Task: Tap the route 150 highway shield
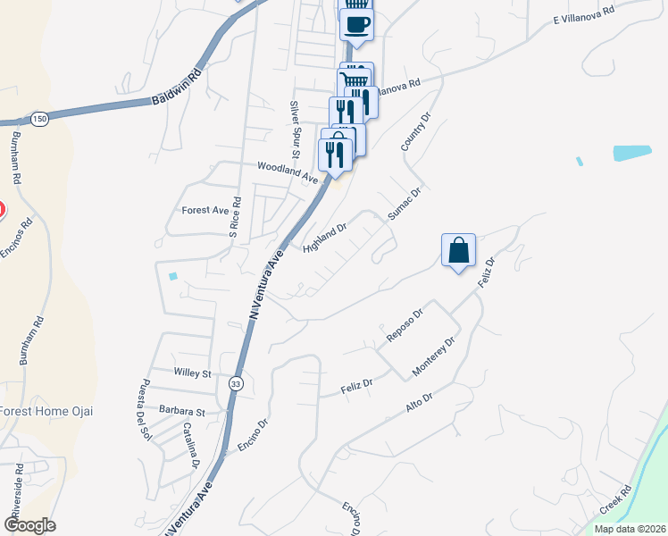click(39, 118)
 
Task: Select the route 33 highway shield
click(235, 382)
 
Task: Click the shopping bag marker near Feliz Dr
click(458, 251)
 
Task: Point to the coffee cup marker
click(357, 25)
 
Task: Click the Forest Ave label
click(205, 211)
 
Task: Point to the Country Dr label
click(416, 130)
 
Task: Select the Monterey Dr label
click(434, 356)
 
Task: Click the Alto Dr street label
click(419, 401)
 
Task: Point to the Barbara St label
click(187, 412)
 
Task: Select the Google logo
click(29, 524)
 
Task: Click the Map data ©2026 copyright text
click(629, 529)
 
